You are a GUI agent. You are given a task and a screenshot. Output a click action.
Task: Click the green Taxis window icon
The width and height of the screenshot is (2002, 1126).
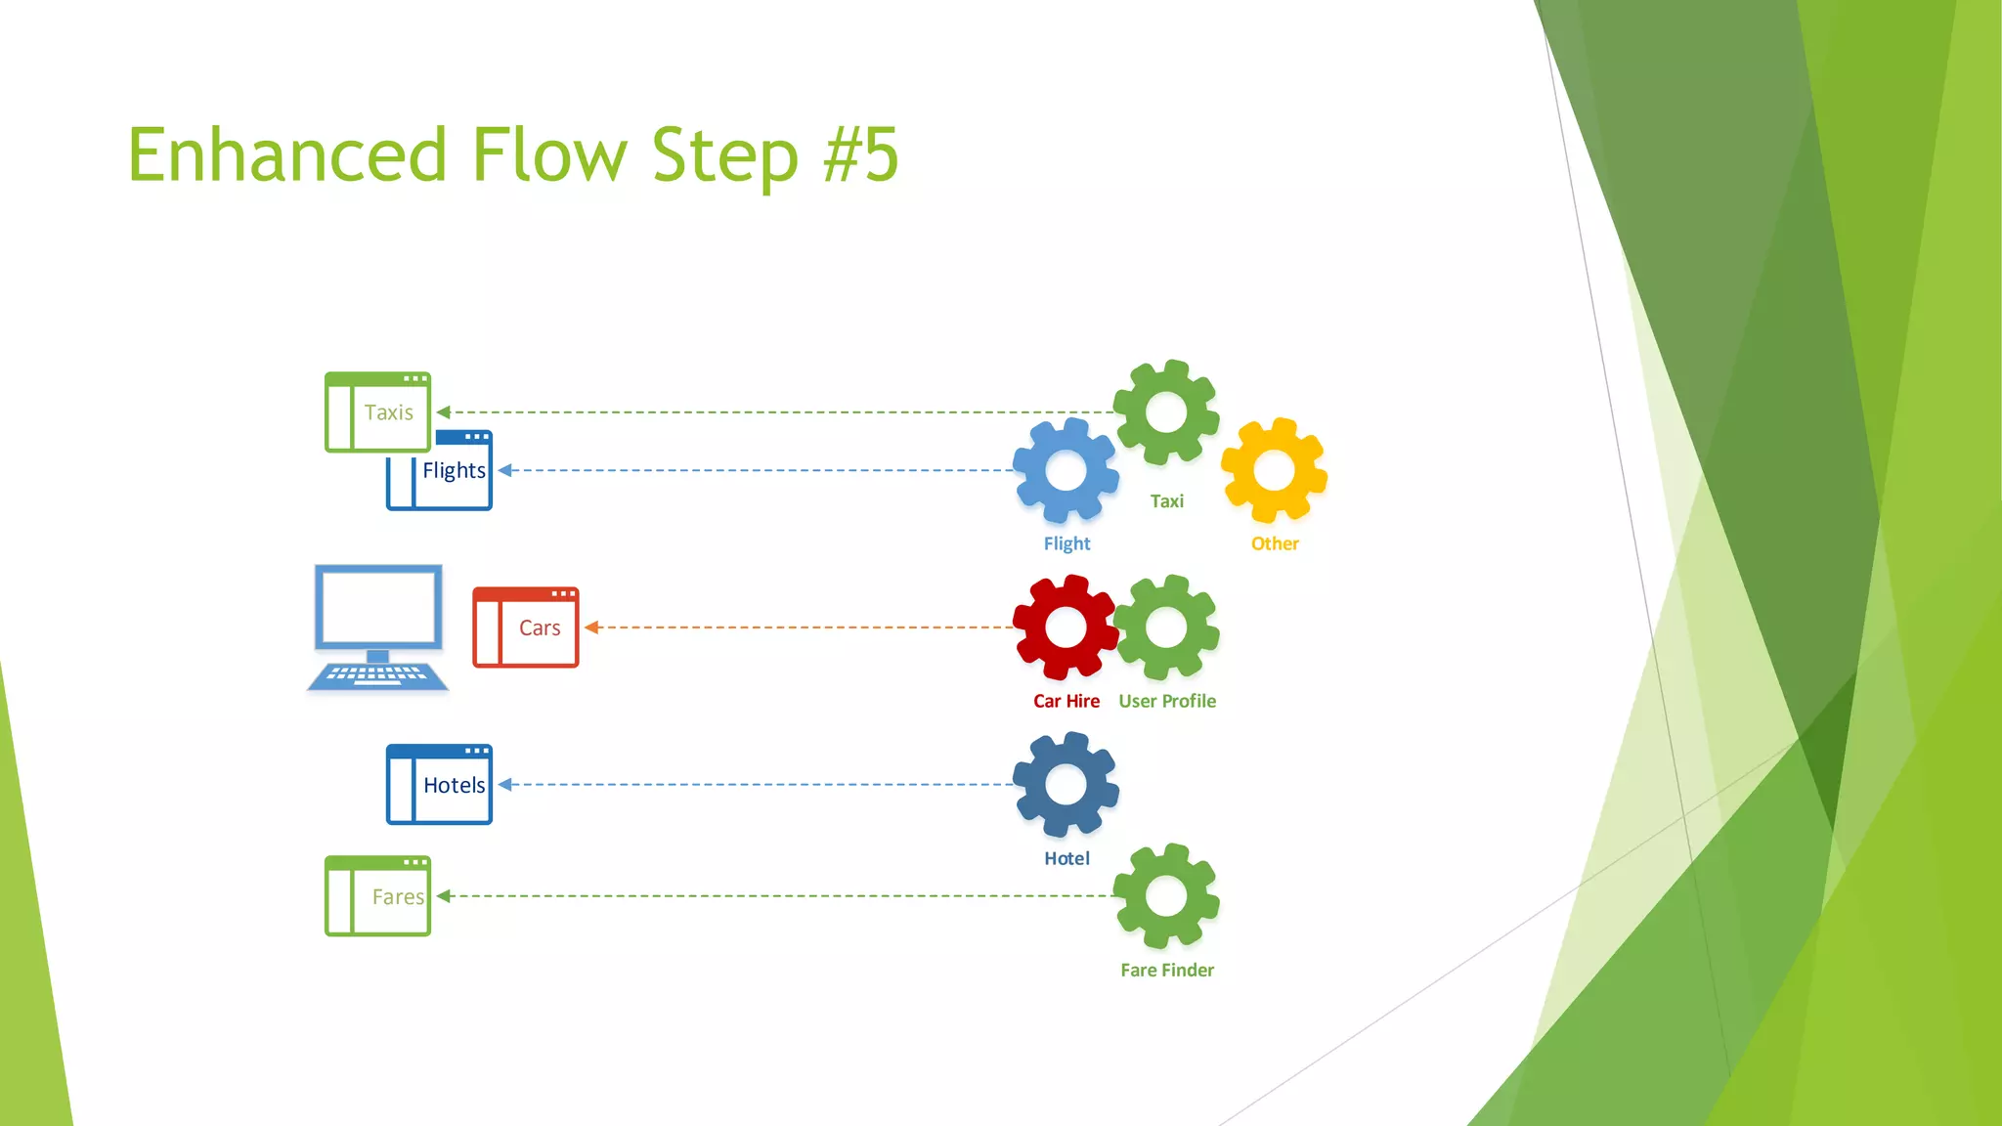coord(377,411)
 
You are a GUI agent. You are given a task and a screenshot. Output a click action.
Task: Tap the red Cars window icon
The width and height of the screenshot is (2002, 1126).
coord(526,628)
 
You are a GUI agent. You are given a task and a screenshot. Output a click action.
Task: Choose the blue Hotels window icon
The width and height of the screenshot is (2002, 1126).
coord(439,785)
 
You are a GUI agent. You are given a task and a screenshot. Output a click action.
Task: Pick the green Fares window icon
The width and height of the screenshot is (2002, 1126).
coord(377,896)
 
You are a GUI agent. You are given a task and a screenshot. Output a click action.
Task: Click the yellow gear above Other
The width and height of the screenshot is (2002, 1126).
coord(1274,470)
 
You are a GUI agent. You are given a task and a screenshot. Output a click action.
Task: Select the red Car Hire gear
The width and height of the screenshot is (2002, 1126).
coord(1066,628)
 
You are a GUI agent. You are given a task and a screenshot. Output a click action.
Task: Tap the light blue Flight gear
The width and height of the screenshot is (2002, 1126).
coord(1066,470)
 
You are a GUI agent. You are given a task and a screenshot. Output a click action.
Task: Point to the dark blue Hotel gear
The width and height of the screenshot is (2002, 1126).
coord(1066,785)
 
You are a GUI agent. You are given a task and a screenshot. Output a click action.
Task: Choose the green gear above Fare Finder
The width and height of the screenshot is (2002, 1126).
coord(1166,896)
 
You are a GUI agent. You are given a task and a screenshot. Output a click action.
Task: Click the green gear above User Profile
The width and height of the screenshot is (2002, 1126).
coord(1166,628)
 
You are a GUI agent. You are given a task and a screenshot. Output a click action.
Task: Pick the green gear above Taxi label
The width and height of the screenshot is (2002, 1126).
coord(1166,411)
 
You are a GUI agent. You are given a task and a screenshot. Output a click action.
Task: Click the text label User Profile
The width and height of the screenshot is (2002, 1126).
coord(1167,701)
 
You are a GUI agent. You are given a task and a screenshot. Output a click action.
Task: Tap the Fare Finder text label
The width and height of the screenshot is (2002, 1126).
coord(1167,970)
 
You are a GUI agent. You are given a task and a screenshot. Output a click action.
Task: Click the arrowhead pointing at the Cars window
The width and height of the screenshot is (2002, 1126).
coord(591,628)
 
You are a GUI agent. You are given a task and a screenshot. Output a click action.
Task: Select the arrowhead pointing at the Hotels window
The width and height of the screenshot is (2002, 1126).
coord(505,785)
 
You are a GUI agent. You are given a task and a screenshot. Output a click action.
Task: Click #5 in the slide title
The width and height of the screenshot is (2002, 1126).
coord(860,154)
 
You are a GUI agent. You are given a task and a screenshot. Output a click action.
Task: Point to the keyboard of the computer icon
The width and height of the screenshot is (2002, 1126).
coord(377,674)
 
